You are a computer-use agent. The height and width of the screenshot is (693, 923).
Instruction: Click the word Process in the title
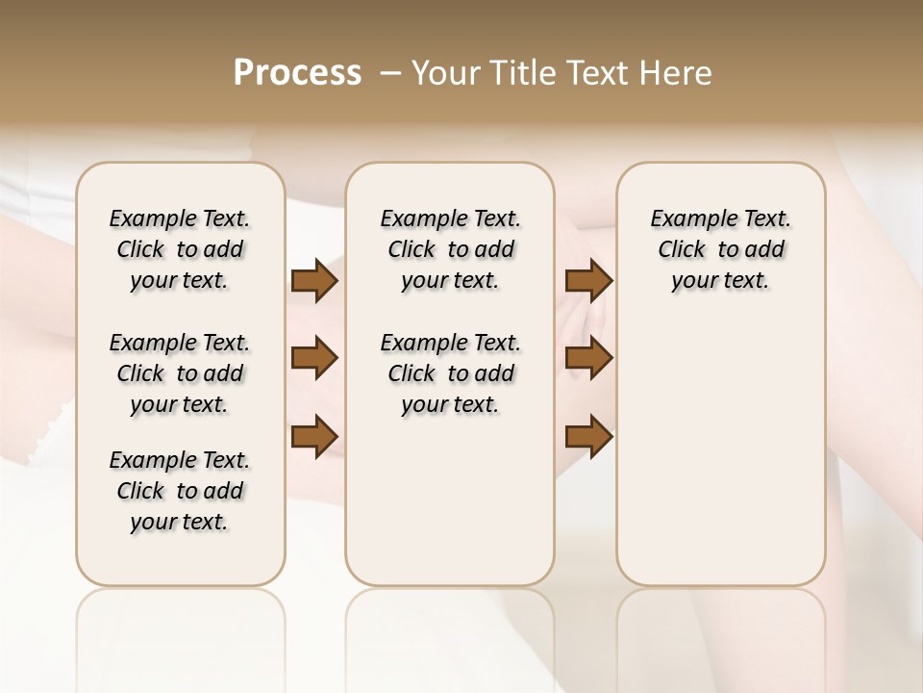(x=297, y=73)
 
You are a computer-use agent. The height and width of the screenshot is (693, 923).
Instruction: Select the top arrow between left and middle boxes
(x=314, y=281)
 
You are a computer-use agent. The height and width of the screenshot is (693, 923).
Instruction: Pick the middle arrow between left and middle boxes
(x=314, y=358)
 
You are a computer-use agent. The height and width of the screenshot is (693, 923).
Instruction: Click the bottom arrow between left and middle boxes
(x=314, y=435)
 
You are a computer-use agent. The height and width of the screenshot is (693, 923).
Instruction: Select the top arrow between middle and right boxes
(x=588, y=281)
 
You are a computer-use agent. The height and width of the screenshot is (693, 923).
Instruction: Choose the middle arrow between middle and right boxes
(x=588, y=358)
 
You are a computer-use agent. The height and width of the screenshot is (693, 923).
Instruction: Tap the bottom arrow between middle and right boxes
(x=588, y=435)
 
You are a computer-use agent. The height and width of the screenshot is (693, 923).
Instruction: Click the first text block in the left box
(x=180, y=249)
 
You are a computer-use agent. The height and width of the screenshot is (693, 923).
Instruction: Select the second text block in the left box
(x=180, y=373)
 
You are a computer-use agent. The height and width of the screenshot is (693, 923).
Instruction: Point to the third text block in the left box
(x=180, y=491)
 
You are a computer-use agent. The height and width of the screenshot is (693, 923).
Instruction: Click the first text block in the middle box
(x=450, y=249)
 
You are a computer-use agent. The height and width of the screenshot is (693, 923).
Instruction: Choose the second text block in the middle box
(x=450, y=373)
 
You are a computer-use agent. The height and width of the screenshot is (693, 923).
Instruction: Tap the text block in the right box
(x=720, y=249)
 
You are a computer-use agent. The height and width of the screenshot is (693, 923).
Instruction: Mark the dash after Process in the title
(x=390, y=73)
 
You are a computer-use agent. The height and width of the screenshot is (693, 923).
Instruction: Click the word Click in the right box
(x=682, y=250)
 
